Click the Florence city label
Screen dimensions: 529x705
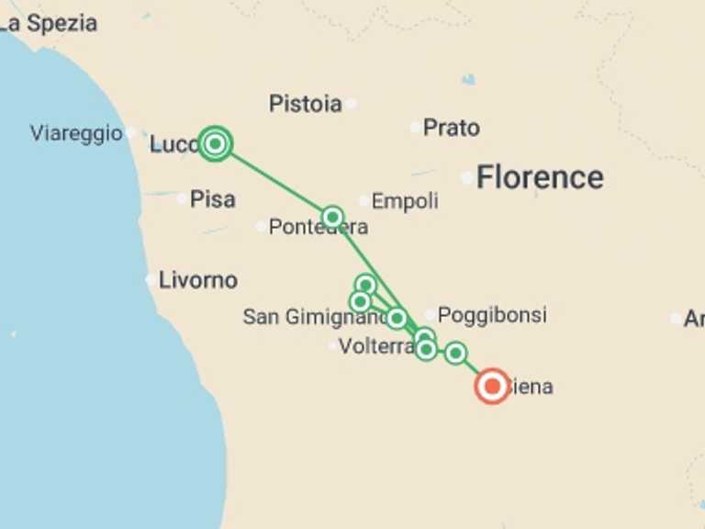540,177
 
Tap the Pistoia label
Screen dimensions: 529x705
305,104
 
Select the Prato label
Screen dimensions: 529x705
452,128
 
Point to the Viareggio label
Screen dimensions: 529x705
75,133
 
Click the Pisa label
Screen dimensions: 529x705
212,199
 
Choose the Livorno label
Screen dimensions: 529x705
197,280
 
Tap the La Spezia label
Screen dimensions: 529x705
50,23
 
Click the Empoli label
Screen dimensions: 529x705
405,201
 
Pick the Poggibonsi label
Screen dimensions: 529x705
492,316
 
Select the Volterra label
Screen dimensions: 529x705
376,347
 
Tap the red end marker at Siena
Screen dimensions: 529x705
492,387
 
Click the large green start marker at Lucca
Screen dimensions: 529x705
215,143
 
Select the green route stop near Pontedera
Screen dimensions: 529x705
332,218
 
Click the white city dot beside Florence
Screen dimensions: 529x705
467,177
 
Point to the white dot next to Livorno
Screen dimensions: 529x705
151,279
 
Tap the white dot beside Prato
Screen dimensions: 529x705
416,128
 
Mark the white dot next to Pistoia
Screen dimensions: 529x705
351,104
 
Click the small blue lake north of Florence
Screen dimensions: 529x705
469,80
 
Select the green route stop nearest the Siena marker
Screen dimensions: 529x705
455,353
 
